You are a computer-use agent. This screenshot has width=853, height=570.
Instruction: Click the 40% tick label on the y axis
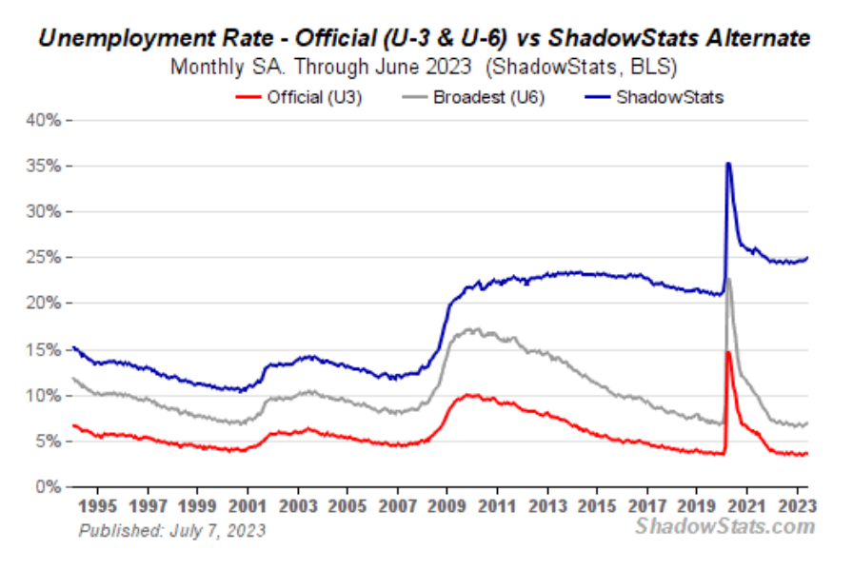click(42, 120)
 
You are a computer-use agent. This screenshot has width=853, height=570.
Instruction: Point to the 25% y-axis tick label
click(42, 258)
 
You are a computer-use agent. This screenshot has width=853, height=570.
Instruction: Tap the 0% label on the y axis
click(47, 487)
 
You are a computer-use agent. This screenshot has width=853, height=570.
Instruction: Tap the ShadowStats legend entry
click(657, 96)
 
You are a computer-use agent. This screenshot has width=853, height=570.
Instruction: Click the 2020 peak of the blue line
click(728, 164)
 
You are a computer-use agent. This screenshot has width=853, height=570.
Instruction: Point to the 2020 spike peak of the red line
click(728, 353)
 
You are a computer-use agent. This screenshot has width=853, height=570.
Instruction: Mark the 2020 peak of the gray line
click(728, 279)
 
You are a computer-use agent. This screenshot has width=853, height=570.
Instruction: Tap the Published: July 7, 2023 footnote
click(171, 530)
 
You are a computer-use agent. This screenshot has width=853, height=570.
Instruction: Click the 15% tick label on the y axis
click(42, 349)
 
